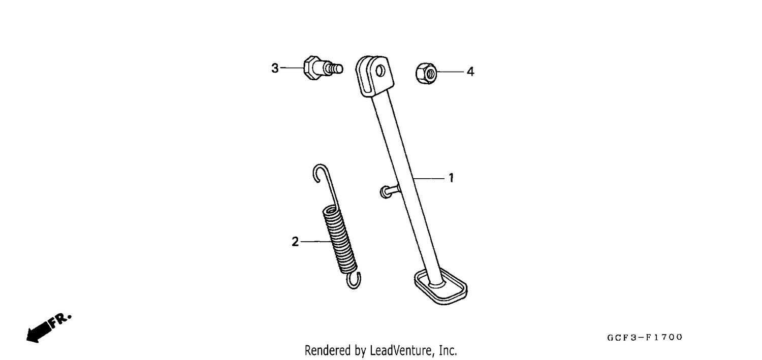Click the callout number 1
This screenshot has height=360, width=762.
pos(451,178)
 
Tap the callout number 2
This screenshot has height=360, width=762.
pos(295,242)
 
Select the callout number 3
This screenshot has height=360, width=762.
pos(275,69)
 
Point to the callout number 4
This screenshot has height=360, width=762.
pos(470,72)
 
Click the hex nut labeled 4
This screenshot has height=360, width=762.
pos(426,74)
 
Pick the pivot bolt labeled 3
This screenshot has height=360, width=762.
pos(323,68)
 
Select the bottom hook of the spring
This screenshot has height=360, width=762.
pos(355,281)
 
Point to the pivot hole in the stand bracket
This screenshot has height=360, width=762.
pos(380,71)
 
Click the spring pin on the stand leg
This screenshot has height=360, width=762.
pos(390,191)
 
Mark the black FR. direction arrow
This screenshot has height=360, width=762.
pos(39,332)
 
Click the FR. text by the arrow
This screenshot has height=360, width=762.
pos(60,320)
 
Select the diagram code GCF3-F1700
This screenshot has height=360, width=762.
pos(645,337)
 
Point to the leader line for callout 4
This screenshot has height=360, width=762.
pos(450,72)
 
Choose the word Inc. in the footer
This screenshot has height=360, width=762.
pos(448,350)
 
